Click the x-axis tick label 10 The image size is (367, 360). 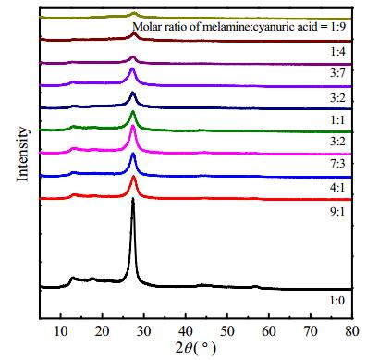(61, 331)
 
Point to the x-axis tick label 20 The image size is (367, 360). (103, 331)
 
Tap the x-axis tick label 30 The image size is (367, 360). (144, 331)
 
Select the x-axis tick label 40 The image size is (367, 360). (186, 331)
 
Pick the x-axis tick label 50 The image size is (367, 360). (227, 331)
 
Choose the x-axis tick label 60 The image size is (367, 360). (269, 331)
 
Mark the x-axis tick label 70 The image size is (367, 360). (311, 331)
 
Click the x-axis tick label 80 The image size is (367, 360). (352, 331)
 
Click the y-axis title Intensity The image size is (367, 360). (22, 155)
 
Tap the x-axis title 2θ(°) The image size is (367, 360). (196, 349)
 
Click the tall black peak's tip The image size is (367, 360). (133, 199)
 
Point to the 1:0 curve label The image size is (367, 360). (337, 300)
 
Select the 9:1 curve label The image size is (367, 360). (337, 212)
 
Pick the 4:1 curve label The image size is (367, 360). (337, 187)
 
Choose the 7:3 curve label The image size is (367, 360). (337, 164)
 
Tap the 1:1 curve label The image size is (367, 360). (337, 119)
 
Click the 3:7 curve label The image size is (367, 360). (337, 73)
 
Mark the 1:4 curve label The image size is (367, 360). (337, 51)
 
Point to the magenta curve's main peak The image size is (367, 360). (133, 127)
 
